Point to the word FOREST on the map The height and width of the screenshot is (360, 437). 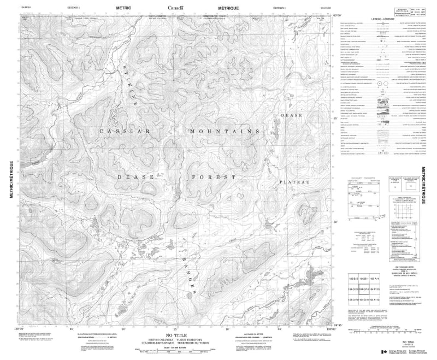tap(213, 178)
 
